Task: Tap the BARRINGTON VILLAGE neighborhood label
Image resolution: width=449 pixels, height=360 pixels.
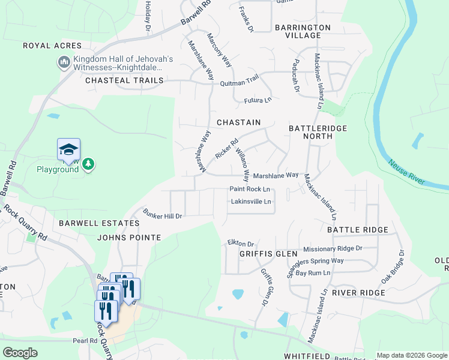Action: point(303,31)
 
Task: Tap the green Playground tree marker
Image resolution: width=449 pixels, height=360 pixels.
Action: point(88,163)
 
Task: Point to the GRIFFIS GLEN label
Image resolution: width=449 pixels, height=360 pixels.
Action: point(261,253)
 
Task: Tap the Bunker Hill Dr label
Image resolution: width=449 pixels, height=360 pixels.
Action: point(162,214)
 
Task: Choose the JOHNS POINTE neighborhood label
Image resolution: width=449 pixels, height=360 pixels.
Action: point(129,238)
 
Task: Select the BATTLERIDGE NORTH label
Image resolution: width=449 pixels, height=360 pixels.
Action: point(310,132)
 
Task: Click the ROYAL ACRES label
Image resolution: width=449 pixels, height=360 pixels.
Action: point(52,46)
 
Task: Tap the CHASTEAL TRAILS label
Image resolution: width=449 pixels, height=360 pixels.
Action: point(124,80)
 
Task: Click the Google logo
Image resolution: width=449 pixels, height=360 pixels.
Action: point(20,352)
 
